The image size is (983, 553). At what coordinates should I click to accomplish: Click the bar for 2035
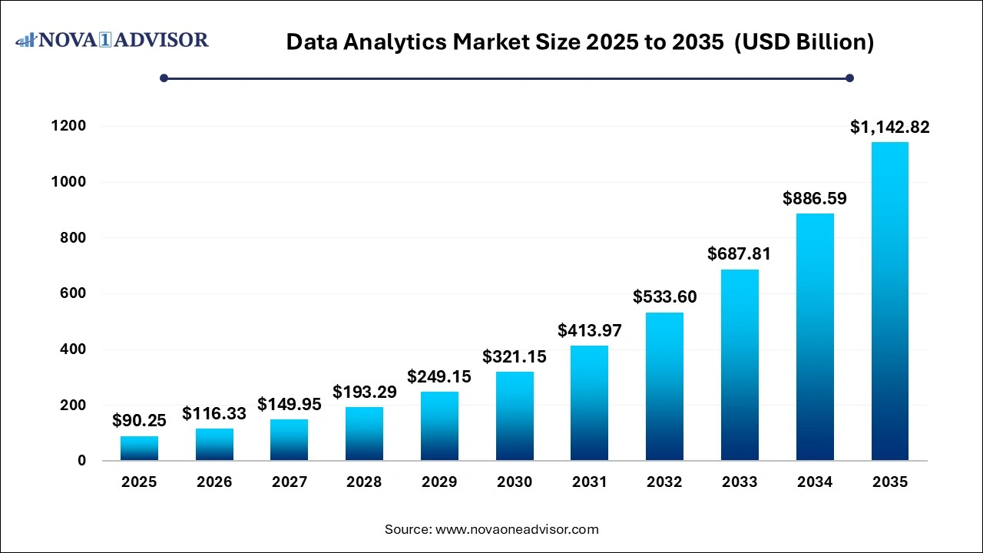click(889, 301)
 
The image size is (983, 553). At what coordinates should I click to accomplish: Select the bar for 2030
click(515, 416)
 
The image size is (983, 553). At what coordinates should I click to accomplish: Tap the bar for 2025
click(139, 448)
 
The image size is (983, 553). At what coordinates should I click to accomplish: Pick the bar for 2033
click(740, 365)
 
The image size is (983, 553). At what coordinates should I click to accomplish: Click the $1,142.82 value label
click(889, 127)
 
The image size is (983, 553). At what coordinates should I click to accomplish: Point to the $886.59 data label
click(814, 199)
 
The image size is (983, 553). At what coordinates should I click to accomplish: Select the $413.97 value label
click(590, 331)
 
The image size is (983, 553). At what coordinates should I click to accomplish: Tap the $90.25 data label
click(139, 420)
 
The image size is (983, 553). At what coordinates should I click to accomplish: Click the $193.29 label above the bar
click(364, 392)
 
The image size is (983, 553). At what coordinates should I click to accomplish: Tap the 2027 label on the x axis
click(290, 482)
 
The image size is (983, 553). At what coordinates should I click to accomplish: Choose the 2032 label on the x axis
click(665, 482)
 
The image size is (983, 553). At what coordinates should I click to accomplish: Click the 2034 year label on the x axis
click(814, 482)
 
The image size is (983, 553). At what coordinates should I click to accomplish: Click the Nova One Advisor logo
click(112, 39)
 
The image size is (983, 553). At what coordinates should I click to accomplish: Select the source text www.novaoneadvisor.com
click(517, 529)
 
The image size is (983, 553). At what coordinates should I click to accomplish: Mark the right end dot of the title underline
click(849, 78)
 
